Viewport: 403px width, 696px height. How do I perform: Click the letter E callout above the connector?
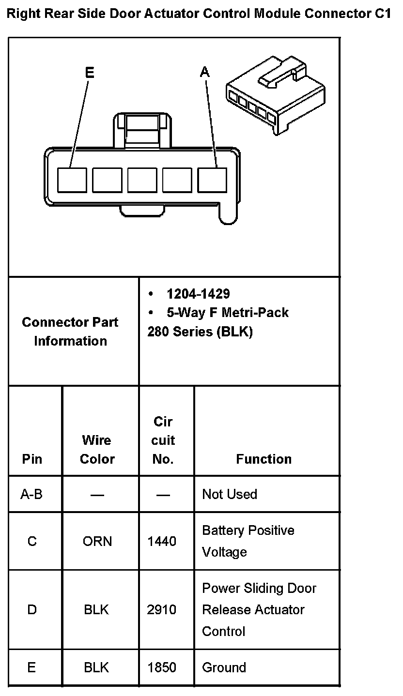[90, 73]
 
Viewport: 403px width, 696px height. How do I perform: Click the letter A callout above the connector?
[205, 72]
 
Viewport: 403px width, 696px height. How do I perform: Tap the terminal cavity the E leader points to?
[72, 180]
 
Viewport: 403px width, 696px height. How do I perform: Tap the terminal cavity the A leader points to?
[212, 180]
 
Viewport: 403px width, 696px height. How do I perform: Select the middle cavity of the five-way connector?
[142, 180]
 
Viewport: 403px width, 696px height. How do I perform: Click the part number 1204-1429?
[198, 294]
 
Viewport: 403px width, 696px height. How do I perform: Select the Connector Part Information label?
[70, 332]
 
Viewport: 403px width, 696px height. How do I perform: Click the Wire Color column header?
[97, 450]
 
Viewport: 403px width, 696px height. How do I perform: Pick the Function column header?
[264, 459]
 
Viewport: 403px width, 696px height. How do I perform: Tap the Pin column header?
[32, 459]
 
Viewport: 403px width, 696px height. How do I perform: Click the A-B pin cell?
[31, 494]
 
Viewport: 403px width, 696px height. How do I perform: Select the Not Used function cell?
[230, 494]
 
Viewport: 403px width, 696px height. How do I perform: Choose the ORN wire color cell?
[97, 541]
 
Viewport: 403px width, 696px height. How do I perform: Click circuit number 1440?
[162, 541]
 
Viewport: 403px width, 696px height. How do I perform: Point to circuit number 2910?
[162, 610]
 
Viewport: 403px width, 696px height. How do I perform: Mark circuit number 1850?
[162, 667]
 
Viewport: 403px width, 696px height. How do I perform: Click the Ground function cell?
[224, 667]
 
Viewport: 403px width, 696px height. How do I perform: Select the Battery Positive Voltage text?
[248, 541]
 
